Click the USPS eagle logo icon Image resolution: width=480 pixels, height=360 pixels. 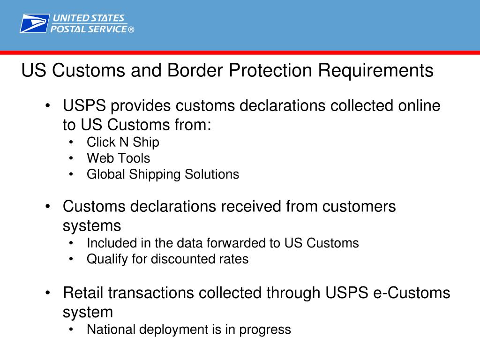[x=34, y=23]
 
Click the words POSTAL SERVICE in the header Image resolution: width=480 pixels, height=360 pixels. [x=89, y=29]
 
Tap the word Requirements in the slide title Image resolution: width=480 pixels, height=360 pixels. [x=376, y=71]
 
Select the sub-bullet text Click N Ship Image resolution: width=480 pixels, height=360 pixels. [x=123, y=142]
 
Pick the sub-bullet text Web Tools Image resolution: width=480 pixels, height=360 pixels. [x=118, y=158]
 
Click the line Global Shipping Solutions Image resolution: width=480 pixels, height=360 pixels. [x=163, y=174]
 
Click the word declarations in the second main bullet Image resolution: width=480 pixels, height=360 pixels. [x=172, y=206]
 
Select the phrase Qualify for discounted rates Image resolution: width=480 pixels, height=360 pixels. [x=167, y=259]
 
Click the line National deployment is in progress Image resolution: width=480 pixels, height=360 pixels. [x=188, y=330]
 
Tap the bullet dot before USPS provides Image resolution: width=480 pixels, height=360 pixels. [x=48, y=106]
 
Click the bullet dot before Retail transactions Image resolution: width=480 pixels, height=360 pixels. [x=48, y=293]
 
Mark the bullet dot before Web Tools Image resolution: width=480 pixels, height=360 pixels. [x=71, y=158]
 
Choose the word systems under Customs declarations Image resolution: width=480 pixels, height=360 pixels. [x=92, y=226]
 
